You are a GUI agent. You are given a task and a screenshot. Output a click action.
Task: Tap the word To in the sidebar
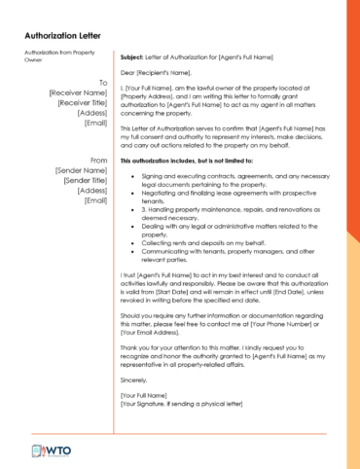tap(102, 83)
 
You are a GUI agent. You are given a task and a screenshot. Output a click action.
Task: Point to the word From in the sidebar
tap(98, 160)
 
